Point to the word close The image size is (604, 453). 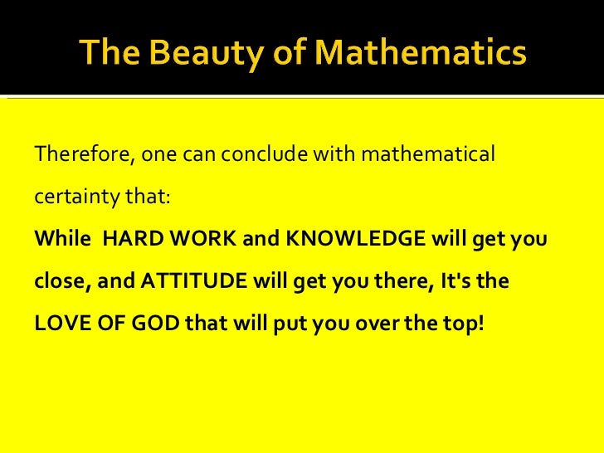click(61, 281)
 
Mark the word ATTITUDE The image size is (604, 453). click(193, 281)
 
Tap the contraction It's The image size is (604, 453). click(450, 281)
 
